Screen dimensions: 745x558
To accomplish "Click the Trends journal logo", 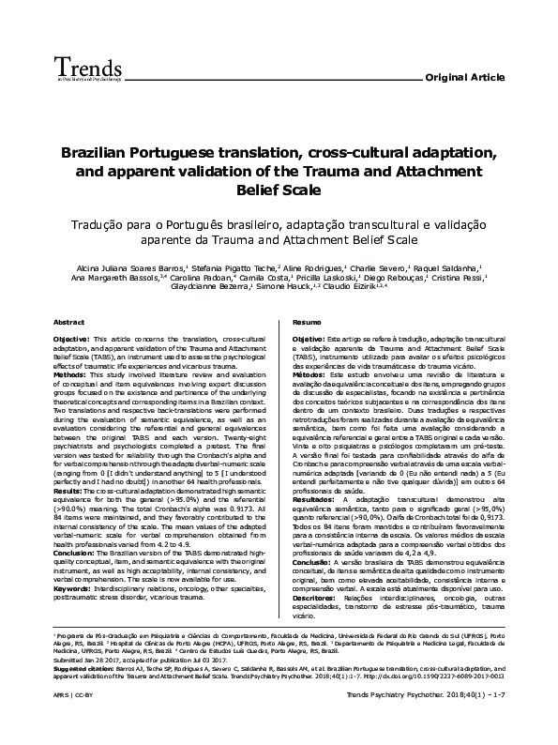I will [x=57, y=68].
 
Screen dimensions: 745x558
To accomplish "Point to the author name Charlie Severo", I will [x=380, y=266].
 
